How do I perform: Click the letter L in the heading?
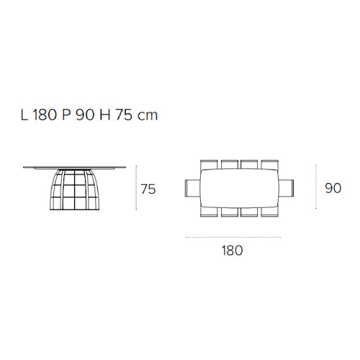coord(24,115)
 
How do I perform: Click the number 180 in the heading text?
coord(45,115)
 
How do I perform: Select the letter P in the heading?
coord(66,115)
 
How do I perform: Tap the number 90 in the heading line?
coord(85,115)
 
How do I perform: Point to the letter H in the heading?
coord(105,115)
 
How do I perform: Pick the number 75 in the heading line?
coord(124,115)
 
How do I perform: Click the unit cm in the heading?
coord(148,117)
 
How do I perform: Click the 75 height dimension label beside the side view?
coord(148,189)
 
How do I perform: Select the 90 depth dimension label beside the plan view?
coord(333,188)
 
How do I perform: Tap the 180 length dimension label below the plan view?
coord(232,251)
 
